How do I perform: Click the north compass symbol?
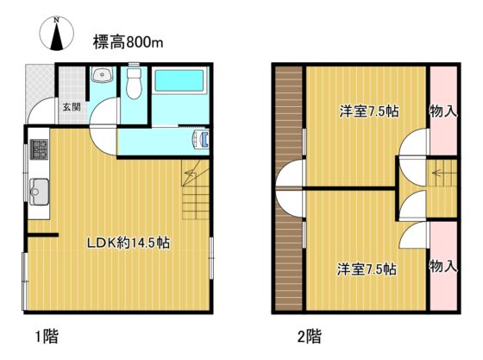[57, 34]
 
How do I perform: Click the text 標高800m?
[128, 42]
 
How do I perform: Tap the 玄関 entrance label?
[72, 107]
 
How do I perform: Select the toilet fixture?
[134, 83]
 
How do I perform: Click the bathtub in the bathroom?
[179, 81]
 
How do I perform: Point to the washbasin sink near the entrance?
[102, 74]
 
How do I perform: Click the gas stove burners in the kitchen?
[39, 149]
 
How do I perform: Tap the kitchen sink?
[39, 192]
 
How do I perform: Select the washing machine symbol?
[201, 139]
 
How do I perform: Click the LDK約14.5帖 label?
[129, 243]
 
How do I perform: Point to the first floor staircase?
[195, 189]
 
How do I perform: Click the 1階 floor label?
[47, 336]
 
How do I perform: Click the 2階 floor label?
[310, 336]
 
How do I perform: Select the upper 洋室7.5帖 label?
[369, 111]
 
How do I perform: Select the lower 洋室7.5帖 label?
[367, 269]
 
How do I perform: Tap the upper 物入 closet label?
[443, 111]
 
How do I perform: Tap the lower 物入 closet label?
[443, 266]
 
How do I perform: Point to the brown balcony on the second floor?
[289, 188]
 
